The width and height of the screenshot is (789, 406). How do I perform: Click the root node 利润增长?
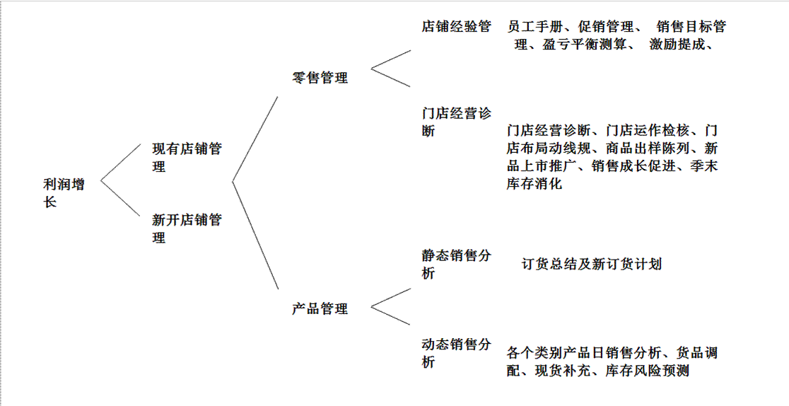64,193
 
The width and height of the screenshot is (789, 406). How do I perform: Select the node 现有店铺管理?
187,157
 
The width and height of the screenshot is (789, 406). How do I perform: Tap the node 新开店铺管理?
187,228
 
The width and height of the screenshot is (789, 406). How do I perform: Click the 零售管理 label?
320,78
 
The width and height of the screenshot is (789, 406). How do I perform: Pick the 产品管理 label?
320,308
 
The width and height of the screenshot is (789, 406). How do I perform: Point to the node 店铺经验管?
456,26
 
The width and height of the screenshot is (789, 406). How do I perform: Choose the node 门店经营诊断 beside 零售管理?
456,122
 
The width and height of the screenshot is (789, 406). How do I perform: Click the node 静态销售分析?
456,264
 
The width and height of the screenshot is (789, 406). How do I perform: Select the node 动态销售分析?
456,353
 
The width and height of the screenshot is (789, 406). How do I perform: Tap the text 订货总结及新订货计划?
591,264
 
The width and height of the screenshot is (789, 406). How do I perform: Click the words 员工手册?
535,26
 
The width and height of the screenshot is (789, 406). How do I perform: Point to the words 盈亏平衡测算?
584,45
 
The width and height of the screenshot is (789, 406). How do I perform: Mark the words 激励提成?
677,45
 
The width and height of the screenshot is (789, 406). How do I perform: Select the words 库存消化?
534,183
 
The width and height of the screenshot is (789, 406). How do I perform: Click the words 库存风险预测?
647,371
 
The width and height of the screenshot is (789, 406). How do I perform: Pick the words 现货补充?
562,371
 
